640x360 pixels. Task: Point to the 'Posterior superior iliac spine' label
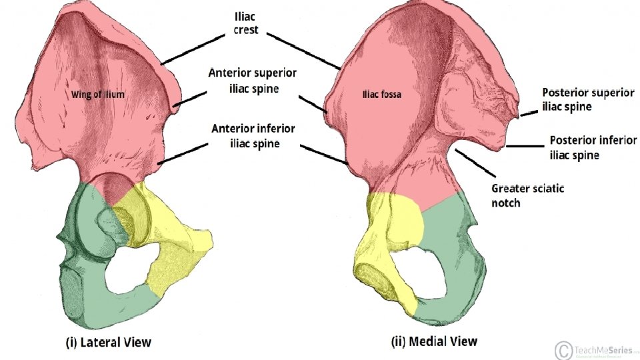pyautogui.click(x=587, y=99)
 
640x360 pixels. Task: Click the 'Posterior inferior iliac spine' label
pyautogui.click(x=591, y=148)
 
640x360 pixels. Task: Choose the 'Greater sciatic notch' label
pyautogui.click(x=527, y=195)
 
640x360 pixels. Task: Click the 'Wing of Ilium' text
pyautogui.click(x=98, y=95)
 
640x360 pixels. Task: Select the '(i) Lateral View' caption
pyautogui.click(x=109, y=343)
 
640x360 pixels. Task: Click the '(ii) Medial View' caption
pyautogui.click(x=434, y=341)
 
